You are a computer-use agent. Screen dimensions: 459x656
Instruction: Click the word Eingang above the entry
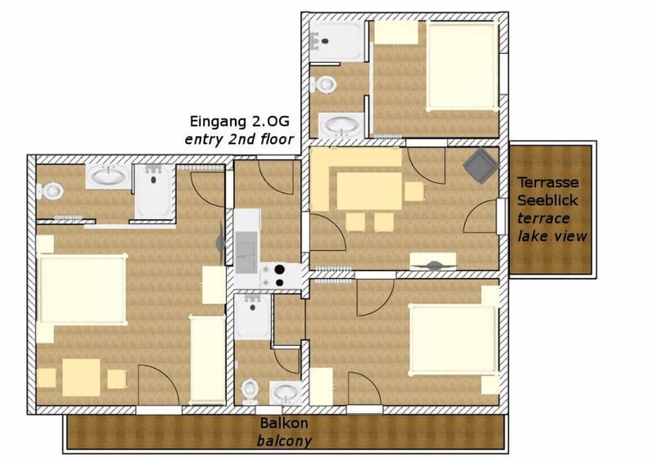tap(215, 122)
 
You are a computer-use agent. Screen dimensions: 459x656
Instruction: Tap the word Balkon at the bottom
tap(284, 423)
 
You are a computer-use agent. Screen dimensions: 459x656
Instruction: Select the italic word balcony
tap(284, 441)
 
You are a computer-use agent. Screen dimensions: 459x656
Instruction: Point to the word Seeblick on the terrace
tap(547, 200)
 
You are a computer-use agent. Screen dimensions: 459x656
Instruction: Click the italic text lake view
tap(551, 236)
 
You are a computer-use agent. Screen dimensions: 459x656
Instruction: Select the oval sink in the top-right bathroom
tap(342, 126)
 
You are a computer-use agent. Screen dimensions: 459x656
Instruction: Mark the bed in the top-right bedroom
tap(461, 66)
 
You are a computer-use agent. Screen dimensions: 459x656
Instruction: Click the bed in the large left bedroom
tap(82, 289)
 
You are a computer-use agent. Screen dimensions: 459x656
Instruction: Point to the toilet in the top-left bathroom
tap(50, 191)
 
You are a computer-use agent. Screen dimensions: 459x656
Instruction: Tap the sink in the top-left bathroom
tap(108, 177)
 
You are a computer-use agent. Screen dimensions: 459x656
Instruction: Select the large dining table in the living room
tap(370, 191)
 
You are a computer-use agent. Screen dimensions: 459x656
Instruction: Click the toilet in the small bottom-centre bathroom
tap(250, 390)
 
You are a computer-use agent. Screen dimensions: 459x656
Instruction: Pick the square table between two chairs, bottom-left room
tap(81, 377)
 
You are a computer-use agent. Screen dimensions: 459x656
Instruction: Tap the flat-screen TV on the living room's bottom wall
tap(433, 263)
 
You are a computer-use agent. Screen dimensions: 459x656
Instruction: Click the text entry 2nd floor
tap(239, 139)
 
